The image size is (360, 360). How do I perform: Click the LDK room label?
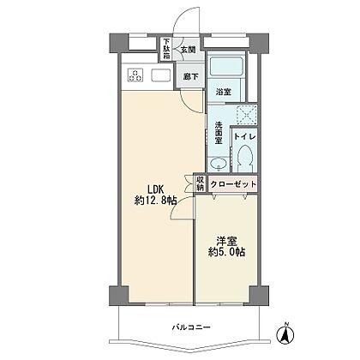click(x=155, y=189)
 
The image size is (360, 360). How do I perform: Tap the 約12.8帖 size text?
click(x=155, y=201)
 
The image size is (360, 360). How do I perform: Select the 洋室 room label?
click(x=226, y=242)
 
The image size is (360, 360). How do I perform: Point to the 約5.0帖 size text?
click(x=226, y=252)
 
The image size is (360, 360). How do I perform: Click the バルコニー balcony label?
click(x=191, y=327)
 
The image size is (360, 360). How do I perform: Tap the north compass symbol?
click(x=285, y=333)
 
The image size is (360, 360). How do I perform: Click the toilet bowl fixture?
click(x=244, y=158)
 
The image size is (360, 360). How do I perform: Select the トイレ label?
click(x=244, y=136)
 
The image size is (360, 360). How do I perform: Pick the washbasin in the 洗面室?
click(x=219, y=165)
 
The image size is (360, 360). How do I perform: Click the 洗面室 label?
click(x=219, y=133)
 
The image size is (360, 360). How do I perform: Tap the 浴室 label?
click(x=224, y=92)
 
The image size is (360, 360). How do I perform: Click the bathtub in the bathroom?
click(x=226, y=67)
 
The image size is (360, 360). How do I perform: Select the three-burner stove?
click(x=135, y=75)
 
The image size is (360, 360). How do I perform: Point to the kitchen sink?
click(x=160, y=75)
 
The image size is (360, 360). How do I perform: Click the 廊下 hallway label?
click(x=191, y=76)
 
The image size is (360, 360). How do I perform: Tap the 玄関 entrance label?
click(x=189, y=50)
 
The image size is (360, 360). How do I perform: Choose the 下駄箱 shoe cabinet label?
click(x=166, y=49)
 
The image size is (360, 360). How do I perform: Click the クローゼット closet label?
click(x=233, y=184)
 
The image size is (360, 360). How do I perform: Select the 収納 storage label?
click(x=201, y=183)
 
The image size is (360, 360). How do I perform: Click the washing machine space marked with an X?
click(x=247, y=115)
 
